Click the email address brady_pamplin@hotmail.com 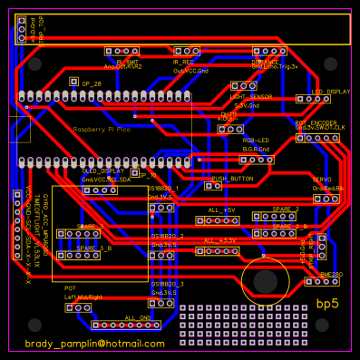tap(94, 344)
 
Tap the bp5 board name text tap(326, 303)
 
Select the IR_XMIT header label tap(122, 62)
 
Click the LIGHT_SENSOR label tap(251, 96)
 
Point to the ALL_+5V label tap(221, 209)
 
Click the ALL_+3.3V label tap(220, 239)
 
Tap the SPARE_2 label tap(285, 209)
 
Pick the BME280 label tap(331, 273)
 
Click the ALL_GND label tap(138, 317)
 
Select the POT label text tap(70, 287)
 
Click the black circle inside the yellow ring tap(266, 280)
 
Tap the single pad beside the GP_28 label tap(73, 82)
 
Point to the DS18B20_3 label tap(167, 284)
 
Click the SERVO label tap(324, 180)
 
